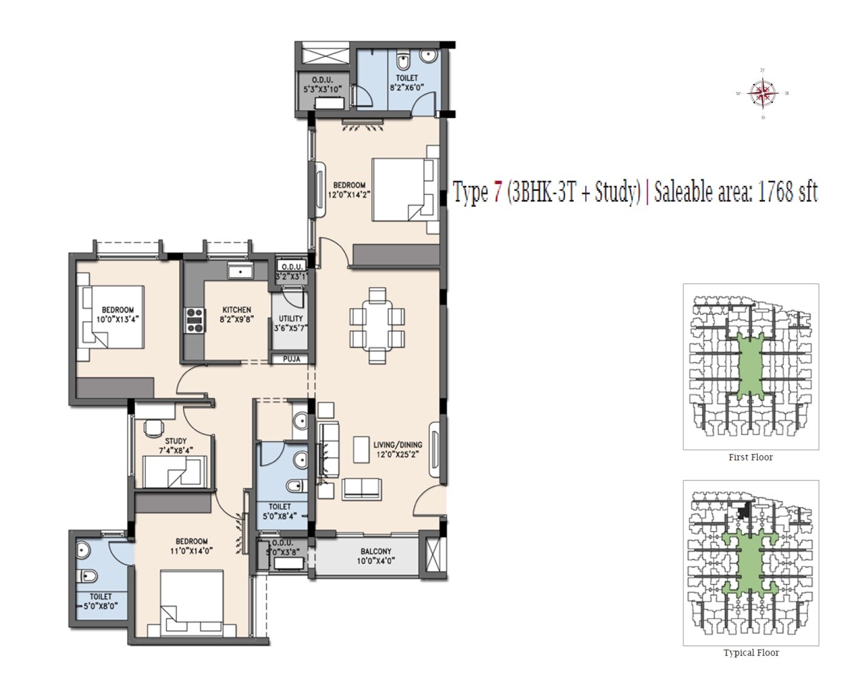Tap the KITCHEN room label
pos(236,310)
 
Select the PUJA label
pos(291,359)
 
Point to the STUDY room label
pos(176,441)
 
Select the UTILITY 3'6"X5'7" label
pos(291,323)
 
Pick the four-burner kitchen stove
pos(194,320)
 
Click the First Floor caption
pos(750,457)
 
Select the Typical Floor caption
pos(750,652)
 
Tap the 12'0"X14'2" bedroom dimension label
pos(349,194)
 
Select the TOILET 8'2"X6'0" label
pos(406,82)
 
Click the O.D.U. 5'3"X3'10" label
pos(322,84)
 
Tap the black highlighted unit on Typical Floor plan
pos(743,511)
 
